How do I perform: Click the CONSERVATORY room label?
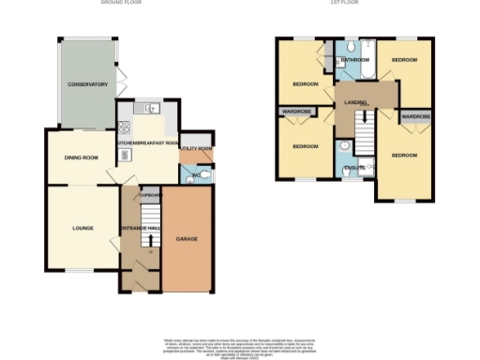[x=87, y=85]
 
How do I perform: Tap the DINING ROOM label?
[x=82, y=157]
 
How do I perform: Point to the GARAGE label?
[x=187, y=239]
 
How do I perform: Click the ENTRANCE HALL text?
[x=139, y=229]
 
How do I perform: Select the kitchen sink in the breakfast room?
[x=150, y=109]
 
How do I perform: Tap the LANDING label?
[x=354, y=101]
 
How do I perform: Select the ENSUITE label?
[x=355, y=167]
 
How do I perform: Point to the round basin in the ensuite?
[x=344, y=146]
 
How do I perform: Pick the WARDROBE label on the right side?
[x=416, y=117]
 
